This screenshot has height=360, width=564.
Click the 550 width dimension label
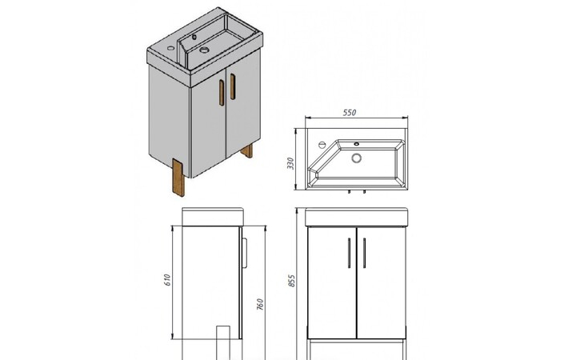pyautogui.click(x=350, y=113)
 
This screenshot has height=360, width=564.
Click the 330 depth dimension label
pyautogui.click(x=290, y=164)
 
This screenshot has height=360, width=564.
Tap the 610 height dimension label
pyautogui.click(x=167, y=280)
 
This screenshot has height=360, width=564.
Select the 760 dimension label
pyautogui.click(x=260, y=304)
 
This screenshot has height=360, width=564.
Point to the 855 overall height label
pyautogui.click(x=291, y=281)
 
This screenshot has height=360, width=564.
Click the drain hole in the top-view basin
pyautogui.click(x=357, y=158)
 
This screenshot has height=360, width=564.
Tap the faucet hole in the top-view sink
pyautogui.click(x=322, y=145)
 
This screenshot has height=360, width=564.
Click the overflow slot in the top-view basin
pyautogui.click(x=357, y=144)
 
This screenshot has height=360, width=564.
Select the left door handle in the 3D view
pyautogui.click(x=222, y=93)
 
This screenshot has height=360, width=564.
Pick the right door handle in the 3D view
pyautogui.click(x=233, y=86)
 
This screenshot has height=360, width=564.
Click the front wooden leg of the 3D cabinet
pyautogui.click(x=178, y=178)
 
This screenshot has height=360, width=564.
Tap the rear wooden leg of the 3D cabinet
pyautogui.click(x=247, y=150)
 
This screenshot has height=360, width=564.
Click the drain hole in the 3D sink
pyautogui.click(x=204, y=50)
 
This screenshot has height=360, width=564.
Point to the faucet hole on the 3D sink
pyautogui.click(x=171, y=48)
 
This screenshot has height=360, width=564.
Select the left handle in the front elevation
pyautogui.click(x=349, y=253)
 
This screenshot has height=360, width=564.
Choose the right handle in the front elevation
pyautogui.click(x=364, y=253)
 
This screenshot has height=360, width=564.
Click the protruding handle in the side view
pyautogui.click(x=245, y=253)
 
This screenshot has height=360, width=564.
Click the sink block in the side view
pyautogui.click(x=213, y=217)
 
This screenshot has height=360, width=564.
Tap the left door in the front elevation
pyautogui.click(x=332, y=282)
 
